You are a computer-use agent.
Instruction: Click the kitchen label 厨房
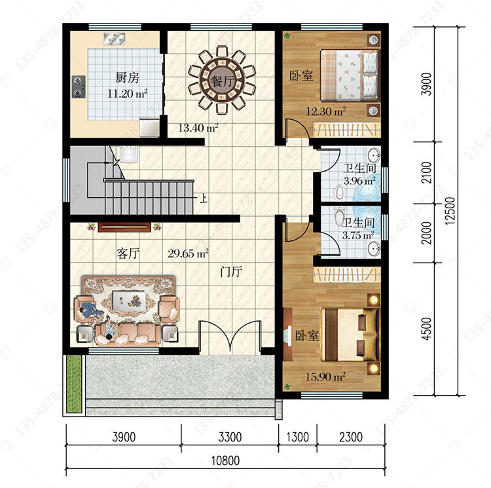click(x=127, y=77)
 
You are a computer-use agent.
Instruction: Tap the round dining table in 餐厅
click(x=222, y=79)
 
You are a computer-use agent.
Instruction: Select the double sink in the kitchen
click(x=115, y=39)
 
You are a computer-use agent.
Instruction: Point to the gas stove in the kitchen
click(x=79, y=86)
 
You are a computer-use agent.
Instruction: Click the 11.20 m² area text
click(x=128, y=93)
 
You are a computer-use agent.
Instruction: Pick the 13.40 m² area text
click(x=198, y=128)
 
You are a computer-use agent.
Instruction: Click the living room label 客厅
click(x=128, y=253)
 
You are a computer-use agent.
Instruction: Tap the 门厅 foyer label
click(x=231, y=271)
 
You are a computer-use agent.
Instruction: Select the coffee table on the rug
click(x=129, y=301)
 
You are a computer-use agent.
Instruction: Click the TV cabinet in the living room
click(x=124, y=227)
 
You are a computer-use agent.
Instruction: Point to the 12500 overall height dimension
click(x=450, y=211)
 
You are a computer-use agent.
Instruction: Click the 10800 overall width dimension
click(x=225, y=460)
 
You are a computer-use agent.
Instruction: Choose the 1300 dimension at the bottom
click(x=297, y=437)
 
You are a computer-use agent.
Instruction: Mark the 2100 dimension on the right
click(x=426, y=172)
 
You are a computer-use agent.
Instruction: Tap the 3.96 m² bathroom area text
click(x=359, y=181)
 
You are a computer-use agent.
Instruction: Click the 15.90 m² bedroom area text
click(x=325, y=376)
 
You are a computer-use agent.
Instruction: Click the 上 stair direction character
click(x=204, y=198)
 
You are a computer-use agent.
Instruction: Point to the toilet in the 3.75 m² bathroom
click(x=339, y=216)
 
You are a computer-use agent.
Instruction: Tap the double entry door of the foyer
click(x=230, y=337)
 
